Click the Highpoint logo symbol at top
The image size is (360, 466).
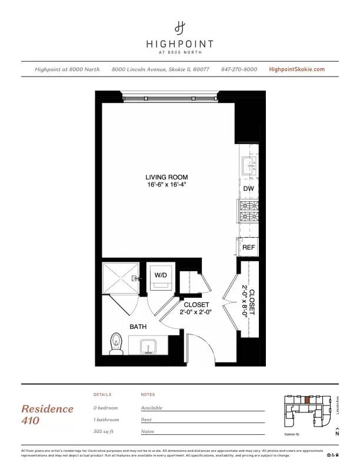[x=180, y=27]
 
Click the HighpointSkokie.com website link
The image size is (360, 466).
[x=296, y=69]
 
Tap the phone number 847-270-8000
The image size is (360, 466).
[x=239, y=69]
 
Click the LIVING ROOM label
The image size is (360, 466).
[x=167, y=177]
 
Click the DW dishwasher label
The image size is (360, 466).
[x=248, y=188]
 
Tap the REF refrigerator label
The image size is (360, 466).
[x=248, y=248]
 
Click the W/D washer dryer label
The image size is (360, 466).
[x=161, y=275]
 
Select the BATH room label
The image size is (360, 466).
[x=138, y=326]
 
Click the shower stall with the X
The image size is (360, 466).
[x=120, y=278]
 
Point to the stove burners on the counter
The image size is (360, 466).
[x=248, y=212]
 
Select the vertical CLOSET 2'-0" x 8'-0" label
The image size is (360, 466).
[x=249, y=301]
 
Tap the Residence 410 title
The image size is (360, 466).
[x=47, y=414]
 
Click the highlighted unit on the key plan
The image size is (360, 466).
[x=306, y=400]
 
